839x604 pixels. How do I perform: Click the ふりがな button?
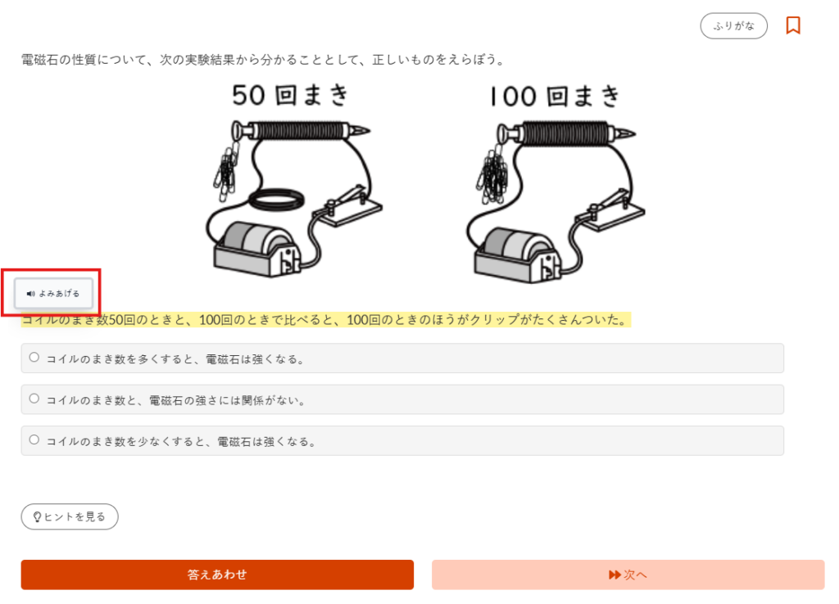point(733,26)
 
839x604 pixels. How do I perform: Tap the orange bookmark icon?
point(792,25)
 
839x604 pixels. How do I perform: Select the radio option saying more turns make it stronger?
point(34,358)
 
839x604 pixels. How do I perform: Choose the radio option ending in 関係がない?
point(34,399)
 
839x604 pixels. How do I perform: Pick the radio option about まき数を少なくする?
point(34,440)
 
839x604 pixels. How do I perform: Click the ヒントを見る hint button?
point(70,516)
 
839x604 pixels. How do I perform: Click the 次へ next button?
point(628,575)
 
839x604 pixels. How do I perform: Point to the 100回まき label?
point(553,97)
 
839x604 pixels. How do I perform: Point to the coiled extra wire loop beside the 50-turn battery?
point(278,200)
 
